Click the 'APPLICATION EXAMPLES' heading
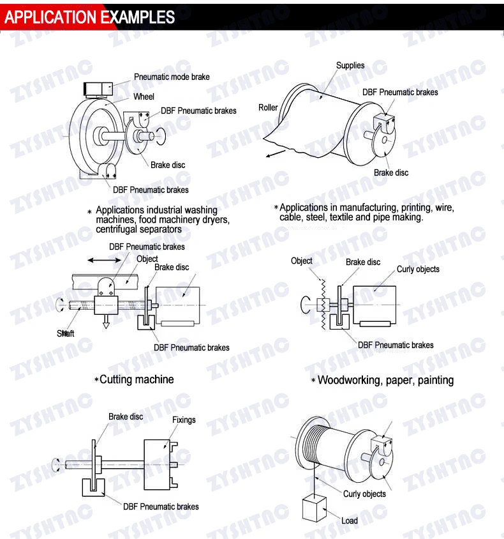(x=89, y=17)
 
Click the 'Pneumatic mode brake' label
(x=172, y=77)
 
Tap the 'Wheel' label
(x=144, y=96)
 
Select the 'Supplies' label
(x=350, y=65)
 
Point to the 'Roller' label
(x=268, y=107)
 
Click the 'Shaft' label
(x=66, y=333)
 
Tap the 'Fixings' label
(x=184, y=420)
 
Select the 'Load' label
(x=350, y=520)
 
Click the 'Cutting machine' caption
(x=137, y=379)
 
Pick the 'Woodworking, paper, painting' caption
(x=385, y=380)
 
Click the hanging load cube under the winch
(x=315, y=508)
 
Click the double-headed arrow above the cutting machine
(x=105, y=260)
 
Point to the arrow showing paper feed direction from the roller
(x=276, y=154)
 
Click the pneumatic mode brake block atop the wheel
(x=98, y=89)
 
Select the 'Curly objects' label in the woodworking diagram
(x=418, y=269)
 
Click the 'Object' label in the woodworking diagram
(x=301, y=261)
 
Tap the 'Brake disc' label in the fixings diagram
(x=126, y=416)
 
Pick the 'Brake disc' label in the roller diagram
(x=391, y=172)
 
